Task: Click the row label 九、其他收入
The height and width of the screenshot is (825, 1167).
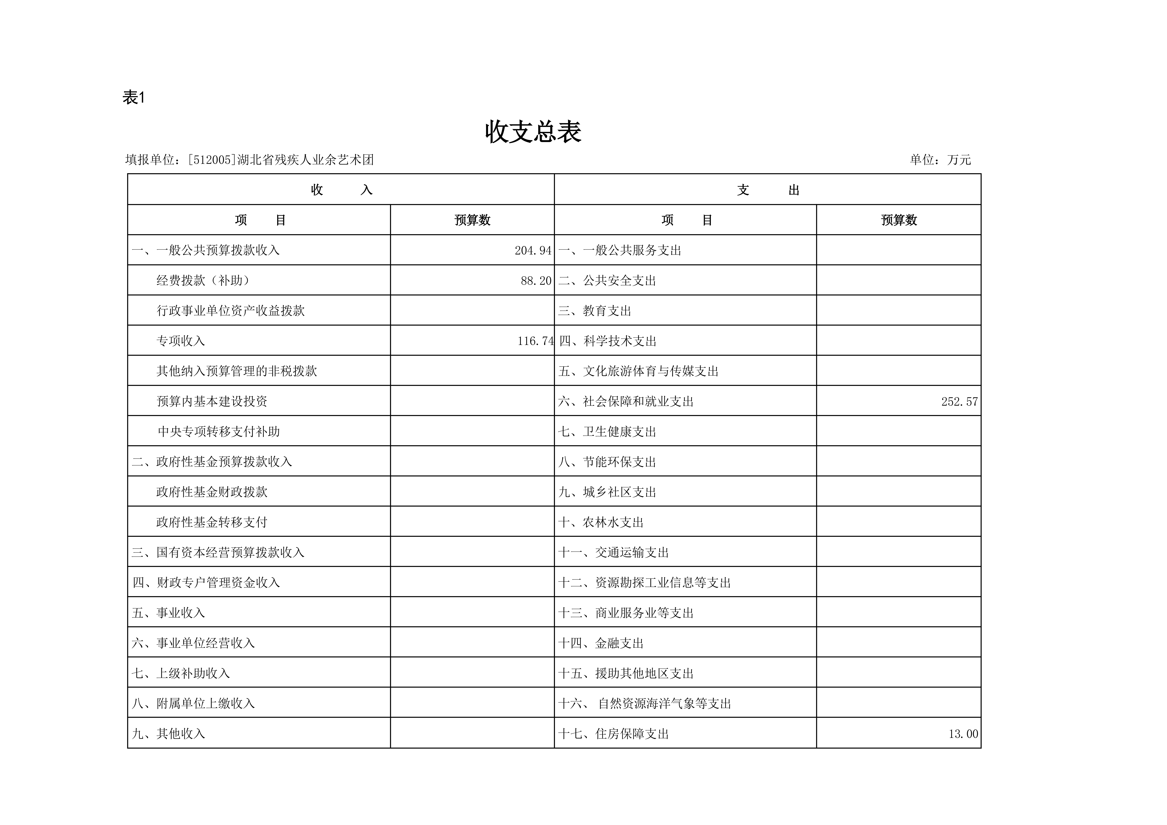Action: pyautogui.click(x=168, y=734)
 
